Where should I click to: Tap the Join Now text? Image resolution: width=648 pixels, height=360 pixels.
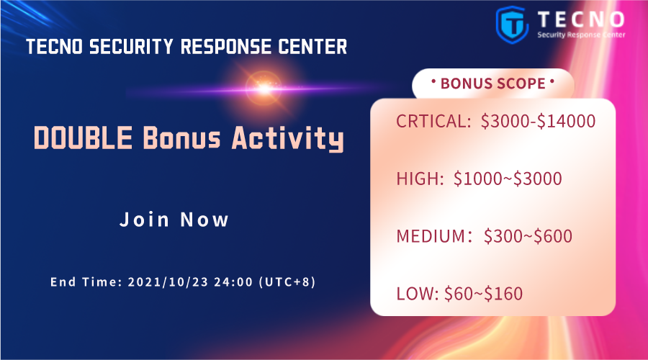[x=174, y=220]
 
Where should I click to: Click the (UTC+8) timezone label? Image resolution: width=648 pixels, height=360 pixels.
[x=287, y=282]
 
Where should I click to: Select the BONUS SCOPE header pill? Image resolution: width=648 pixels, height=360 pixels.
[x=492, y=84]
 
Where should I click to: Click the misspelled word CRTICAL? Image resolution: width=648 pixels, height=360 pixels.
[x=433, y=121]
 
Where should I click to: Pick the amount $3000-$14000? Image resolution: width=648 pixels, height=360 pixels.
[x=538, y=121]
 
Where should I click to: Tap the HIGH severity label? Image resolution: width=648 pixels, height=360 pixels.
[x=420, y=179]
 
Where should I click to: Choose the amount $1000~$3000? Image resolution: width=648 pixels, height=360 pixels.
[x=508, y=179]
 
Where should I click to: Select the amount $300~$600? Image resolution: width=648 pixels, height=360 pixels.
[x=528, y=235]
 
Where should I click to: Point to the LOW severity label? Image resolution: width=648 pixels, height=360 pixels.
[x=418, y=293]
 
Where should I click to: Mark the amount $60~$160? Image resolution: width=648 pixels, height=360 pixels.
[x=483, y=293]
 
